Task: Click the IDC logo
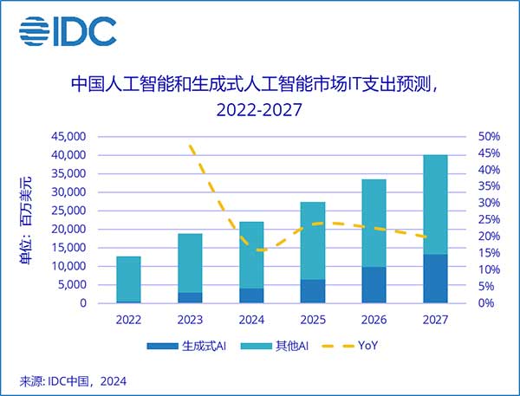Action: pos(68,31)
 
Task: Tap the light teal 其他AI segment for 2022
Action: pos(128,279)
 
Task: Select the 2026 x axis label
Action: pos(374,319)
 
